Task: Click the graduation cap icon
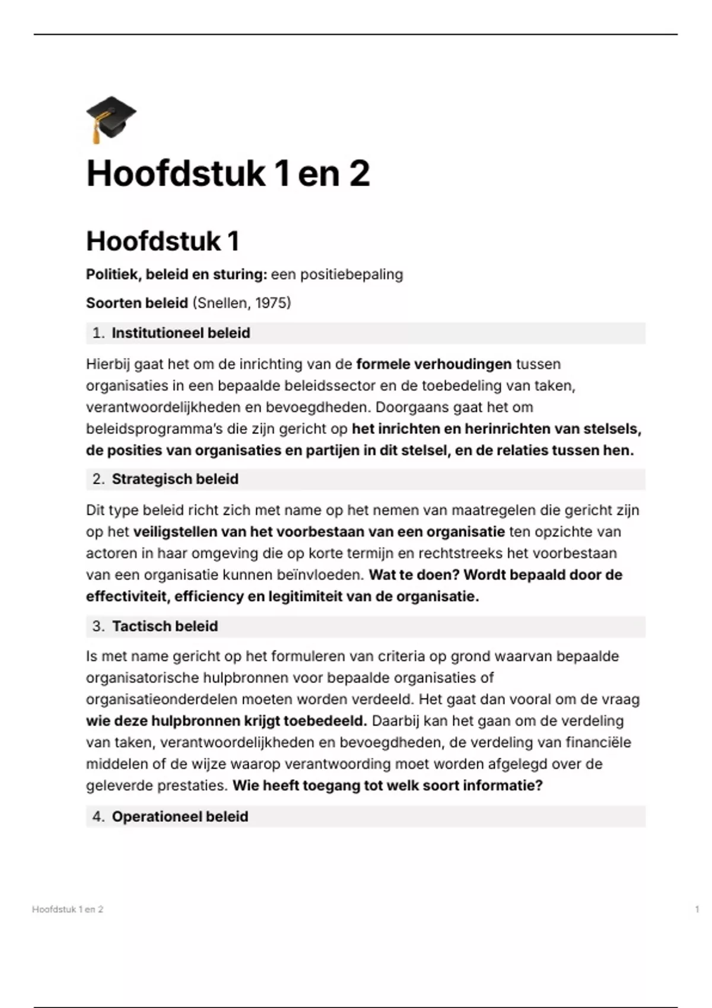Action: coord(111,119)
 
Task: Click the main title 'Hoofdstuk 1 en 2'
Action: coord(228,174)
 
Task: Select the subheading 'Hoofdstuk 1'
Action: coord(163,241)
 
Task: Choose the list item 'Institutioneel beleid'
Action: coord(180,333)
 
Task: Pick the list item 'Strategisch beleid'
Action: coord(175,479)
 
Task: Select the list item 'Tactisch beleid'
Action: coord(165,626)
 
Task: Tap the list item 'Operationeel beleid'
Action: coord(180,816)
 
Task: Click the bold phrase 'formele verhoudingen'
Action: coord(434,364)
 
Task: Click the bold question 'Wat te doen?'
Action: coord(414,575)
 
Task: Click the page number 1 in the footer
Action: coord(697,909)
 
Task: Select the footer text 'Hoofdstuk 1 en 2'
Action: coord(68,909)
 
